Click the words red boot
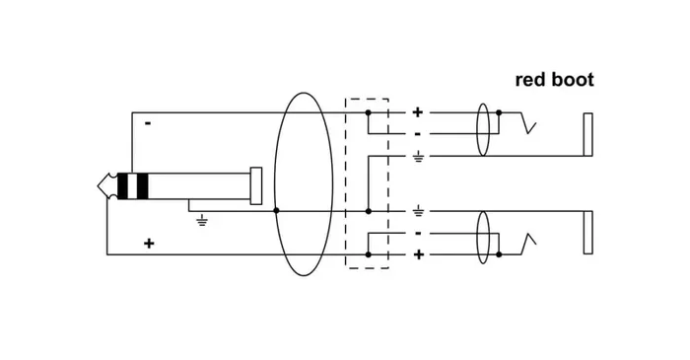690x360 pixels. (554, 80)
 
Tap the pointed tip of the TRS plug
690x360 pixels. (99, 186)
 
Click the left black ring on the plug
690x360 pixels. (122, 186)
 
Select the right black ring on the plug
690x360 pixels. (143, 186)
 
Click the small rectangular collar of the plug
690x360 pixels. (256, 185)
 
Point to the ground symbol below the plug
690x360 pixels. (202, 220)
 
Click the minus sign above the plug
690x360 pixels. (148, 123)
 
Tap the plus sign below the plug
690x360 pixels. (149, 243)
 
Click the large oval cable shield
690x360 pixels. (275, 184)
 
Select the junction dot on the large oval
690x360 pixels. (276, 211)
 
